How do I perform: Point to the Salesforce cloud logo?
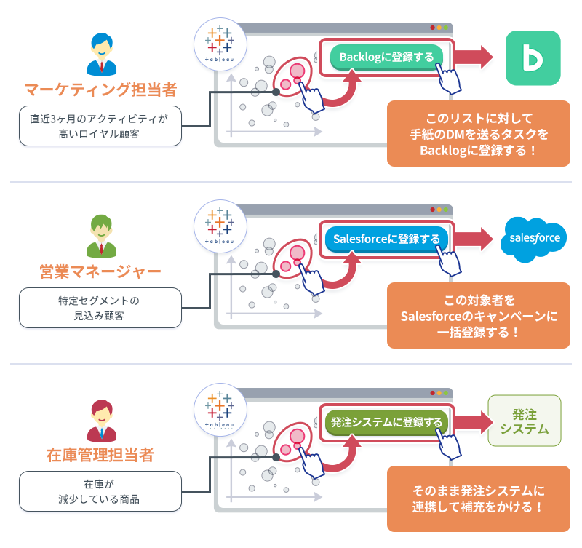click(x=535, y=238)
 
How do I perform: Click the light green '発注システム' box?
click(x=525, y=421)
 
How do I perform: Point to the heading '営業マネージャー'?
click(x=100, y=272)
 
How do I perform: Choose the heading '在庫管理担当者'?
click(x=100, y=456)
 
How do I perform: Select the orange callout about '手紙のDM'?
click(x=478, y=133)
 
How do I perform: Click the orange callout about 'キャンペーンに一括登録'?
click(x=478, y=316)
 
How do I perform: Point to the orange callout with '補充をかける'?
click(x=478, y=498)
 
